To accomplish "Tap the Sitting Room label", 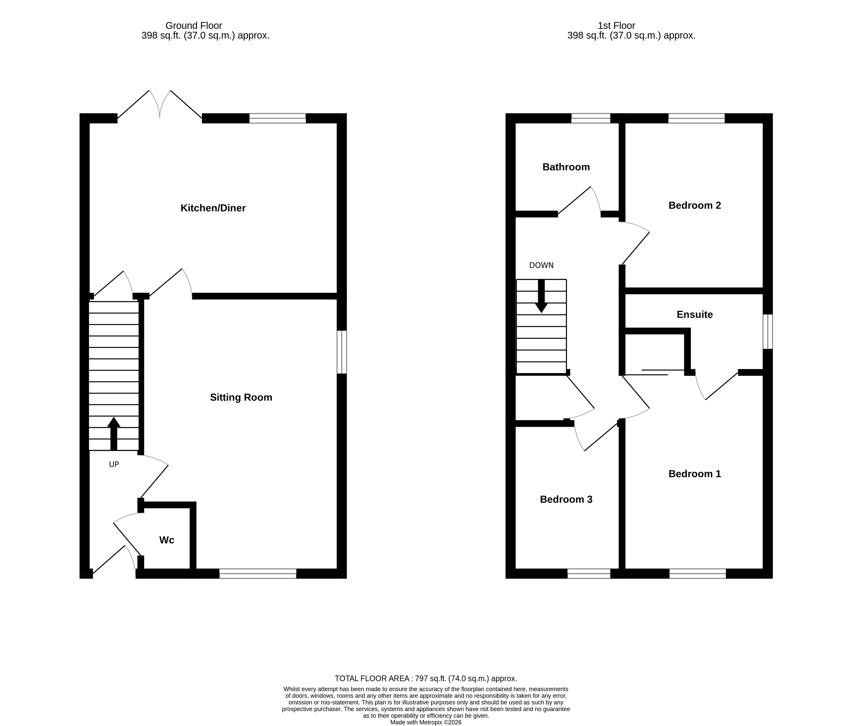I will point(241,397).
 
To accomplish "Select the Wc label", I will point(166,540).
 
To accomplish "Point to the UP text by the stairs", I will point(114,464).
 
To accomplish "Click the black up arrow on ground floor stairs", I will point(114,433).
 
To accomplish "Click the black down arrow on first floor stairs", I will point(541,296).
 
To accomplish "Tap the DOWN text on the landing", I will point(541,265).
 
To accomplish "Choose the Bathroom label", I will point(566,167).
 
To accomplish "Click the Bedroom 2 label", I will point(695,205).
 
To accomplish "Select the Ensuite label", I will point(695,314).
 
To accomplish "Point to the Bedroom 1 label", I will point(695,474).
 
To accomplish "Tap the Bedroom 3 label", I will point(566,499).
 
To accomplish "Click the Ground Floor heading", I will point(194,25).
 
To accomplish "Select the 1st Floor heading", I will point(616,25).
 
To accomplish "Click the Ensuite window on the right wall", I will point(767,332).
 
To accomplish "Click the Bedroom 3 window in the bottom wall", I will point(589,574).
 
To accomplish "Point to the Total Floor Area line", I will point(426,678).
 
